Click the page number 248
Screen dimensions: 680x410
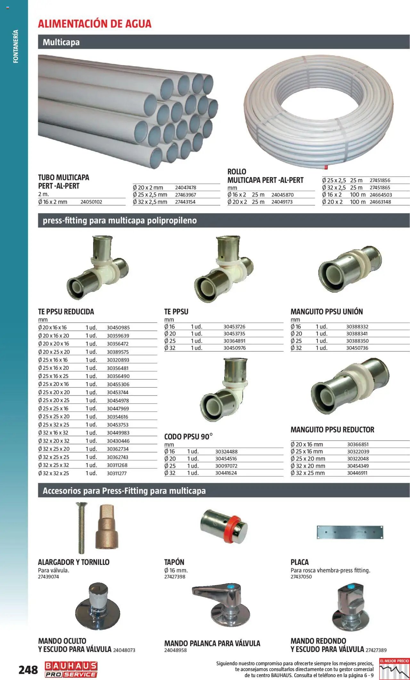click(28, 669)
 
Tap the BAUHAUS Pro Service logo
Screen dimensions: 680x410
click(71, 669)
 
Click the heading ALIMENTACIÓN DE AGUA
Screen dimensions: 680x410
click(94, 24)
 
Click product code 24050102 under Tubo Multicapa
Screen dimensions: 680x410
click(91, 202)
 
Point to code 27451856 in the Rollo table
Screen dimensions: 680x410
click(380, 180)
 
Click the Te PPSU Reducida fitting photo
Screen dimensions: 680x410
click(97, 268)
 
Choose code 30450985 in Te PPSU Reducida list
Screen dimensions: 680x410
click(118, 328)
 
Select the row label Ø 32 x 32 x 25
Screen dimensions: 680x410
click(53, 473)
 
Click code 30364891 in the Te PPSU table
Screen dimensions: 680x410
click(234, 341)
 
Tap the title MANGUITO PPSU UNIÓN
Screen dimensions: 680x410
click(326, 312)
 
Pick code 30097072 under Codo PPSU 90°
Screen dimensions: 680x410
click(226, 466)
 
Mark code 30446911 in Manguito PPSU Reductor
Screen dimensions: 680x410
click(357, 473)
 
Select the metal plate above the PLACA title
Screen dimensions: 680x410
click(350, 532)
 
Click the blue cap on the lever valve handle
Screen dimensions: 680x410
click(230, 587)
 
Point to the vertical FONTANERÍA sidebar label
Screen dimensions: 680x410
click(16, 46)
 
